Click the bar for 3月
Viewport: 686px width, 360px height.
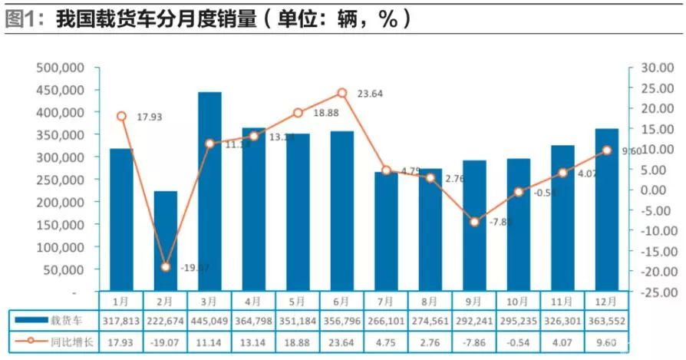pyautogui.click(x=209, y=192)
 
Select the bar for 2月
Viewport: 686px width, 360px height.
pyautogui.click(x=166, y=241)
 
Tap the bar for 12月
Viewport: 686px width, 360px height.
pyautogui.click(x=606, y=210)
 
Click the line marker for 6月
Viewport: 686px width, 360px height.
pyautogui.click(x=342, y=93)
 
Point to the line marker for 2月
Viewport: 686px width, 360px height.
pyautogui.click(x=166, y=267)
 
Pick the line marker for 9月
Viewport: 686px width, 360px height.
pyautogui.click(x=474, y=222)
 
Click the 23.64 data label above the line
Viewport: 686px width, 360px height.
pyautogui.click(x=371, y=94)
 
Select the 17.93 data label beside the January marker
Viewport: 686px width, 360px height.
pyautogui.click(x=150, y=117)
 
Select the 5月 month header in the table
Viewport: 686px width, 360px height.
pyautogui.click(x=298, y=302)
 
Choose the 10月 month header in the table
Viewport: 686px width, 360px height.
pyautogui.click(x=518, y=302)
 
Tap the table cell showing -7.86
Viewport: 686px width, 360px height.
pyautogui.click(x=474, y=341)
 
